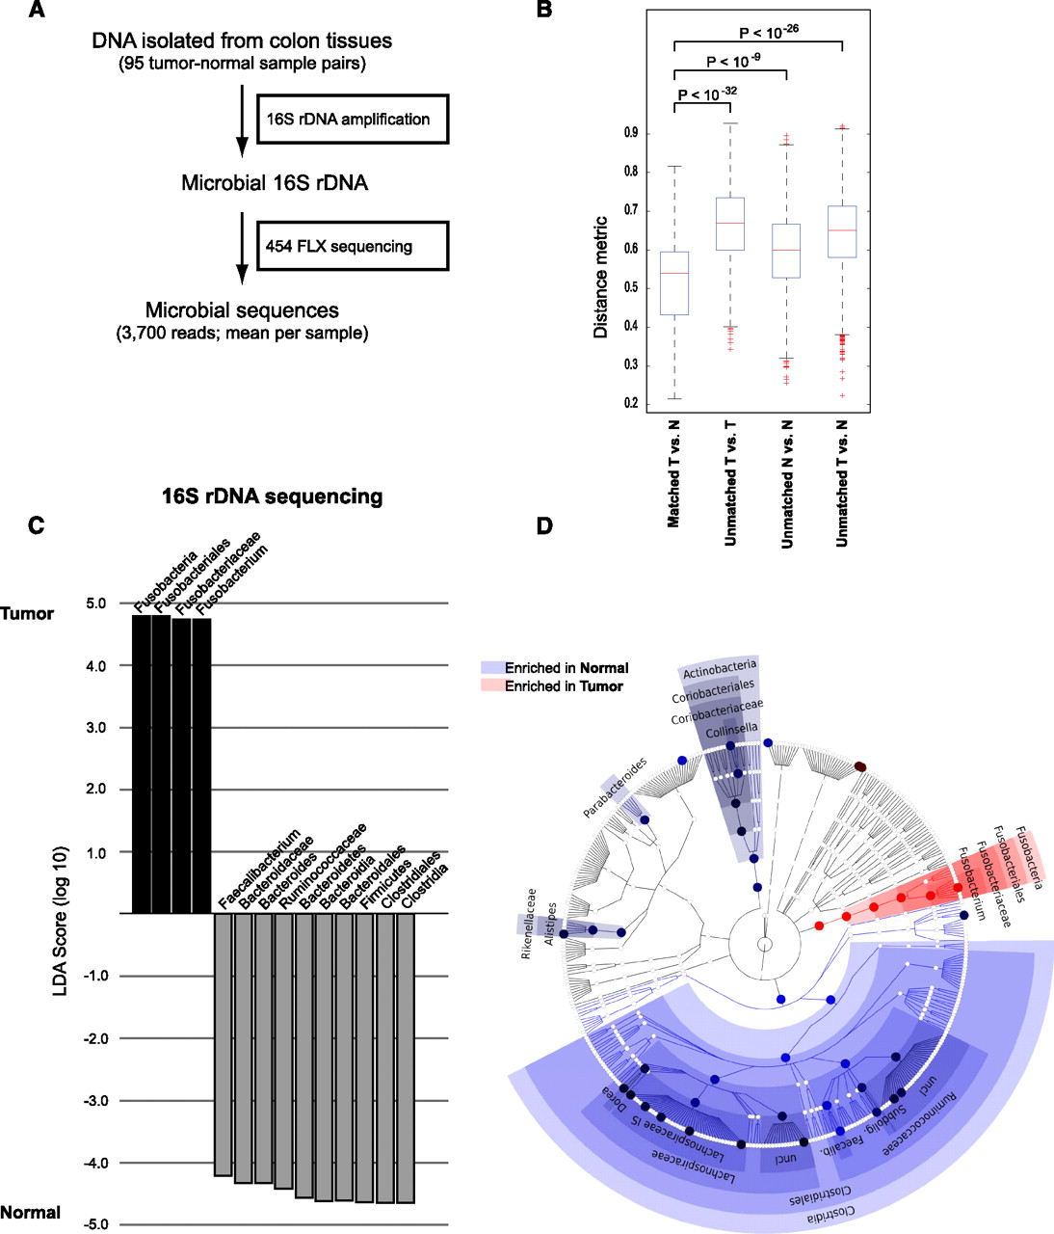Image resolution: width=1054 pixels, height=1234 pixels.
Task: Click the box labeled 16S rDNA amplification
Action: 354,120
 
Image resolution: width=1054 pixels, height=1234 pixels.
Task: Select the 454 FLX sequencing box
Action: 354,246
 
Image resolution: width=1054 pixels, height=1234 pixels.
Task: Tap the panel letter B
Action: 544,12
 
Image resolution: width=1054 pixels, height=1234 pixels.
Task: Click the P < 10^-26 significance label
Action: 768,33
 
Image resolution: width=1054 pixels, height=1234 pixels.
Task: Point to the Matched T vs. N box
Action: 674,283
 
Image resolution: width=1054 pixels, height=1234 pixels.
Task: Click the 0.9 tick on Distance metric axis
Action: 630,133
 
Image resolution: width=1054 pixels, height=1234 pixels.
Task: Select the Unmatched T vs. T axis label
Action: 730,482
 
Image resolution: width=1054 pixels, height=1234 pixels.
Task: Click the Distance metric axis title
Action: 601,277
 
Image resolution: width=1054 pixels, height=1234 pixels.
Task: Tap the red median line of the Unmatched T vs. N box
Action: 843,230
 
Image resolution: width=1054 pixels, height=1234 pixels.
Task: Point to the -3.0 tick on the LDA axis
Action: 99,1101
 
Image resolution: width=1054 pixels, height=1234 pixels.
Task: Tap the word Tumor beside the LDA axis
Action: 27,614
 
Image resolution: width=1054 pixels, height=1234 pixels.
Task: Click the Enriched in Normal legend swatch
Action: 491,668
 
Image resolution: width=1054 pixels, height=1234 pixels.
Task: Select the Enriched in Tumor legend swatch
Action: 491,686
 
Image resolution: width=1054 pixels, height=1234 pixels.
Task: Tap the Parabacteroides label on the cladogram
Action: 615,788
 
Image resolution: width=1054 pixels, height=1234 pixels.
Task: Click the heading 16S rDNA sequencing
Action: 272,496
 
